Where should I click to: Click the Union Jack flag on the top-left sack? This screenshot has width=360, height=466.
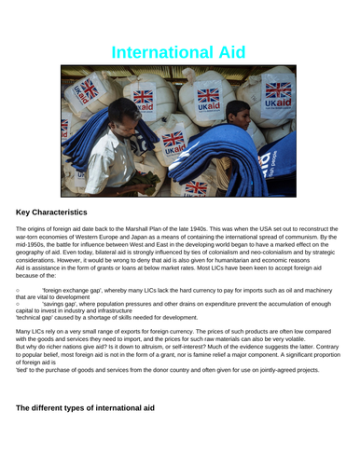(x=89, y=90)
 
